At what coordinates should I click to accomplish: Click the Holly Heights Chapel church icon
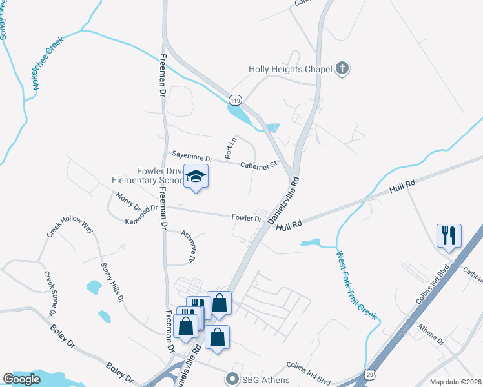[342, 69]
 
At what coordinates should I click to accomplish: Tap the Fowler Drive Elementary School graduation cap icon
[196, 175]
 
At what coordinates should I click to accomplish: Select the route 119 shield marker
[235, 101]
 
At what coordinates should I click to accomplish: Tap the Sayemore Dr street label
[192, 157]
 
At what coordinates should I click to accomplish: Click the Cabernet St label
[258, 164]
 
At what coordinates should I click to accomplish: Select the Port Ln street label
[229, 149]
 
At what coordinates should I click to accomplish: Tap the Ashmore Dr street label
[188, 246]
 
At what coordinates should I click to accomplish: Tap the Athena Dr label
[431, 335]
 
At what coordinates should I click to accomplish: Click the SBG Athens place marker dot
[232, 379]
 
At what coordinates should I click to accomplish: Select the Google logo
[21, 379]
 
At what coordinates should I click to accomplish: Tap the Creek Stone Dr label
[50, 294]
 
